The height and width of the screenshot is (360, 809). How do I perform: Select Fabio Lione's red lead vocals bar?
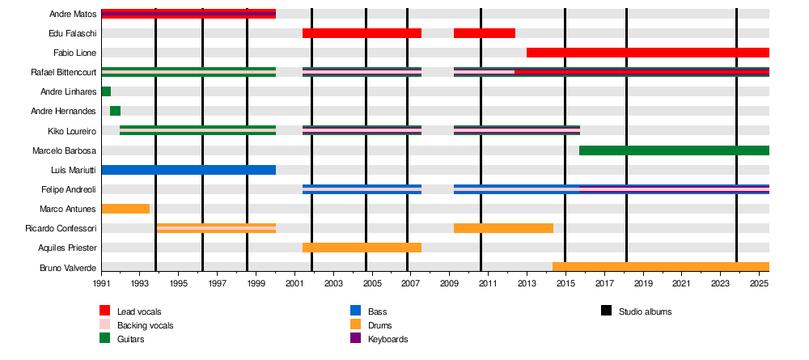tap(647, 53)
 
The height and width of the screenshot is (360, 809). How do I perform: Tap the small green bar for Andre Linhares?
tap(106, 91)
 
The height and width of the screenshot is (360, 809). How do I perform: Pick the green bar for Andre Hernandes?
tap(115, 111)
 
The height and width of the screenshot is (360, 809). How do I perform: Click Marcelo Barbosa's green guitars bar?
tap(674, 150)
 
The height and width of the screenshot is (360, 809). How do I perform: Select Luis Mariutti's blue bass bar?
tap(188, 170)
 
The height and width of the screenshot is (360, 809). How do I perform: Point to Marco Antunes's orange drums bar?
tap(125, 209)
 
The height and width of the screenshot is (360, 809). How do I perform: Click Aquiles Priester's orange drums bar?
tap(362, 248)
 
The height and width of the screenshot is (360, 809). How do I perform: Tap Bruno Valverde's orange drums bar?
tap(660, 267)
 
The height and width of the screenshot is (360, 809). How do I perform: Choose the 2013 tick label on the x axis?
tap(527, 285)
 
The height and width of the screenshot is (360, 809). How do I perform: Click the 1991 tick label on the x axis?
tap(102, 285)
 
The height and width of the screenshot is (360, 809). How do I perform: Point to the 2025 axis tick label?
tap(759, 285)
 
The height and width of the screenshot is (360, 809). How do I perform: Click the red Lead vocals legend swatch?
tap(105, 311)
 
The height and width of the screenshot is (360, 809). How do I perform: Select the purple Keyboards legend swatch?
tap(355, 339)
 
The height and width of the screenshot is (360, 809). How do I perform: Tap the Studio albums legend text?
tap(645, 311)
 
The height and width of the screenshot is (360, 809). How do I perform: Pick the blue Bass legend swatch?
tap(355, 311)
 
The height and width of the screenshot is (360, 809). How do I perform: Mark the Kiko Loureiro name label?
tap(72, 130)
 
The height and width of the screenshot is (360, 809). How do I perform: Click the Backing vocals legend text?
tap(145, 325)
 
